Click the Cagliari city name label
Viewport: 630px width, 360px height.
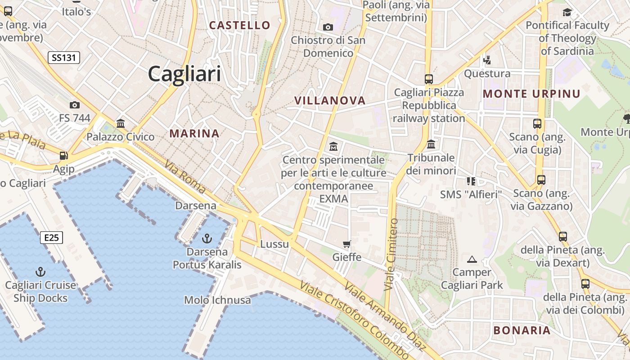coord(184,74)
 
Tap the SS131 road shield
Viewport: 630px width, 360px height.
coord(64,57)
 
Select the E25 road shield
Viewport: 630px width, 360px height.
coord(51,238)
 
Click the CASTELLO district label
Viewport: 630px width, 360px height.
coord(240,25)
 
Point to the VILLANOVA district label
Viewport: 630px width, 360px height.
coord(330,100)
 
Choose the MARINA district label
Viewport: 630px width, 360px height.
coord(194,133)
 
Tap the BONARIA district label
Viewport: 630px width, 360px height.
coord(522,330)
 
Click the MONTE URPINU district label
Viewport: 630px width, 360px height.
coord(531,94)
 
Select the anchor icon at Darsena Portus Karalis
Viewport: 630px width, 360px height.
coord(207,238)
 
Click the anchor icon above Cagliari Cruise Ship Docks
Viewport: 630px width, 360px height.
coord(40,272)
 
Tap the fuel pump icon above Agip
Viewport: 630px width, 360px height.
coord(64,156)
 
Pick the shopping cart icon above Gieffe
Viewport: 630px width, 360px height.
coord(346,244)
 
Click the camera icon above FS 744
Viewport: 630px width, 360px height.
coord(75,105)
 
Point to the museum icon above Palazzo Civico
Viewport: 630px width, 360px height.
coord(120,123)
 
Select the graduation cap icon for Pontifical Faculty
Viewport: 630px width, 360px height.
coord(567,12)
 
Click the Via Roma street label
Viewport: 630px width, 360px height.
coord(185,177)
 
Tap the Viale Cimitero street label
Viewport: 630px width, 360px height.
coord(391,254)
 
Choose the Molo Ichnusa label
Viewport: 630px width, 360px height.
coord(217,300)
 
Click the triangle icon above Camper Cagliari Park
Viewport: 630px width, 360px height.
coord(472,259)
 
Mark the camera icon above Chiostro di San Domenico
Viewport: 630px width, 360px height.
coord(328,27)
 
